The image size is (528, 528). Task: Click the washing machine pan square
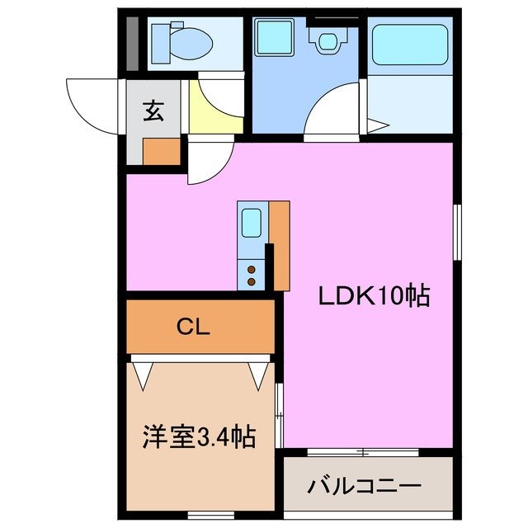point(271,38)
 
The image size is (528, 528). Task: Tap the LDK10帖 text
point(375,296)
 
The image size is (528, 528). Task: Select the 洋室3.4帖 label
point(195,436)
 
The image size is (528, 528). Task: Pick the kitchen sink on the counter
point(252,223)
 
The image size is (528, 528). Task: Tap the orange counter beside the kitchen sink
point(280,245)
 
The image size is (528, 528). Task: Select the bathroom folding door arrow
point(377,125)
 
